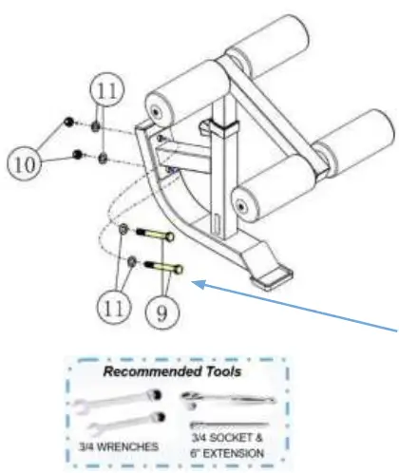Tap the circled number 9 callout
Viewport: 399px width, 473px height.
(166, 308)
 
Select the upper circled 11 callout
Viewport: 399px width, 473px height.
(106, 92)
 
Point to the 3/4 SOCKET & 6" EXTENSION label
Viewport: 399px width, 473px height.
(236, 444)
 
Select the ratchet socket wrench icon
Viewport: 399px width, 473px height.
(226, 396)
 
